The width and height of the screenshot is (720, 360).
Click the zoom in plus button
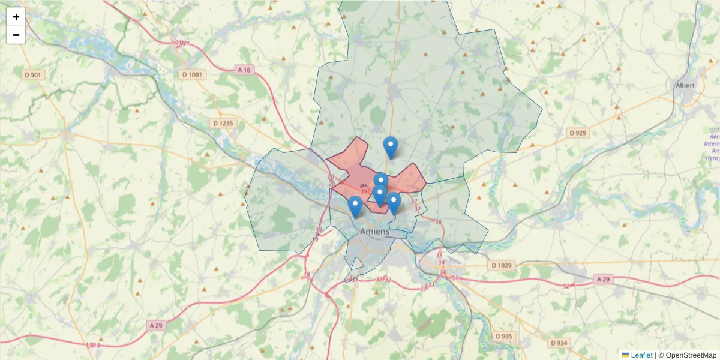(16, 17)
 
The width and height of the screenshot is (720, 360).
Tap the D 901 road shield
(33, 75)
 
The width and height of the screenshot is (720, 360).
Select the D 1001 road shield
(193, 75)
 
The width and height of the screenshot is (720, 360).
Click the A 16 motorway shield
(244, 70)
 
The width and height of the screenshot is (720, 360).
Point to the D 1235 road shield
(224, 123)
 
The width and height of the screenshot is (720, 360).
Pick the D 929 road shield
(577, 133)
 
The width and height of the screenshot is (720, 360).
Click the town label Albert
(685, 85)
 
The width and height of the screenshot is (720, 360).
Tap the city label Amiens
(375, 231)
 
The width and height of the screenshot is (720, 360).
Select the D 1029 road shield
(502, 265)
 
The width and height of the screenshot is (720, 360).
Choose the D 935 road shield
(504, 337)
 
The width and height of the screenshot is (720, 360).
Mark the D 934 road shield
(558, 343)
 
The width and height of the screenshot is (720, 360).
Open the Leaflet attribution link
(641, 355)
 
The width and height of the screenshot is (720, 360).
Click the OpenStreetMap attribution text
(687, 355)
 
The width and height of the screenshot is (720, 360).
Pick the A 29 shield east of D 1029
(605, 280)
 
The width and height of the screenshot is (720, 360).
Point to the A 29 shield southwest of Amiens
(156, 325)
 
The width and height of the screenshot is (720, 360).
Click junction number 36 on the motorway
(438, 223)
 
